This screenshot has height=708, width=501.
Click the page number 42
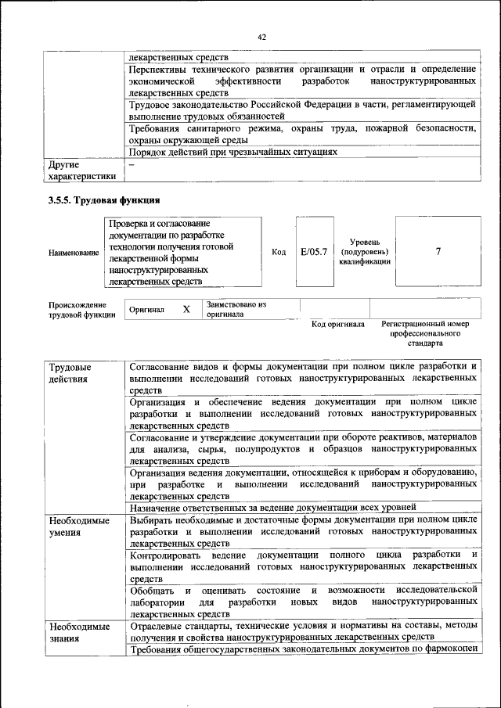(262, 36)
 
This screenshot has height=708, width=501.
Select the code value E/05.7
(313, 252)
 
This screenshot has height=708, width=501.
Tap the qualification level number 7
(438, 251)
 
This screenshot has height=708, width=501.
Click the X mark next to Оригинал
(186, 310)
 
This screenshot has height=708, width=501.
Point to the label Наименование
(74, 253)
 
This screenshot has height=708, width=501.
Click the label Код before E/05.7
(279, 252)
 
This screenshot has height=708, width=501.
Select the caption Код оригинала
(338, 324)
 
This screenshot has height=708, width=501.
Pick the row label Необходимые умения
(77, 526)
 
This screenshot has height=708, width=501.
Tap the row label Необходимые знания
(77, 633)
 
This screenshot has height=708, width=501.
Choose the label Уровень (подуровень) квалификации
(364, 252)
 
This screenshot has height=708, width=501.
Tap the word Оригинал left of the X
(146, 310)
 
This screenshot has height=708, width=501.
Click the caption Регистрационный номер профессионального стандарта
(425, 333)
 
